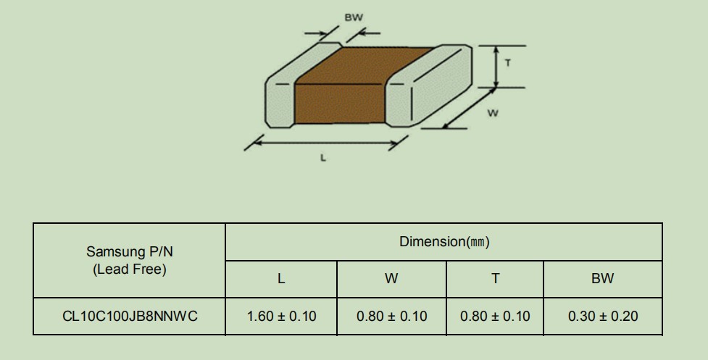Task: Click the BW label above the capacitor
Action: [354, 17]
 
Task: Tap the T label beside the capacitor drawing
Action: [508, 63]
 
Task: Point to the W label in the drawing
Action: [493, 113]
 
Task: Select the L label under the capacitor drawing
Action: [323, 158]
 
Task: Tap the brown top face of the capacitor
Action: [365, 65]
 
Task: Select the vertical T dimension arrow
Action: [496, 67]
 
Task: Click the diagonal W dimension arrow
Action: [469, 108]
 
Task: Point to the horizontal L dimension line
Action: [325, 143]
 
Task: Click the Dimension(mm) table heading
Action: [444, 242]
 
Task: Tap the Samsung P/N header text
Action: [130, 252]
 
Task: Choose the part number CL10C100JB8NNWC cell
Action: [130, 317]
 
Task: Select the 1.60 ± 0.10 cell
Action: [281, 317]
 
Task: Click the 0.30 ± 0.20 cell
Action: [603, 317]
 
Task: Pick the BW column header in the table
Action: [602, 278]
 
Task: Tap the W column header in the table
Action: [391, 278]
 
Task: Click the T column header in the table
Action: [496, 278]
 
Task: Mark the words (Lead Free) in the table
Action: [130, 269]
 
